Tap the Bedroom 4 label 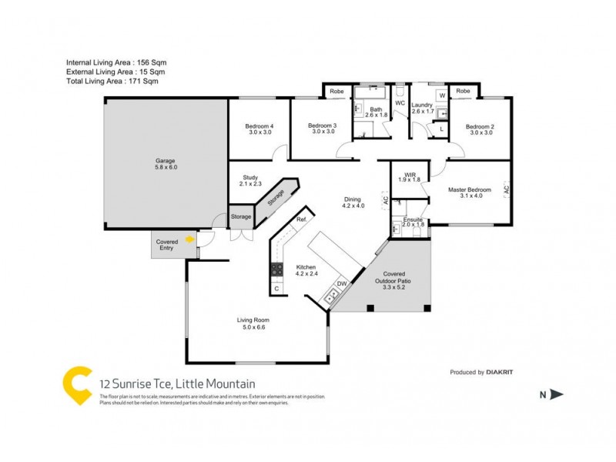(259, 129)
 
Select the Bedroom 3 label (323, 129)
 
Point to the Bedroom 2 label (480, 129)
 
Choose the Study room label (251, 180)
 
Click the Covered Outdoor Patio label (393, 280)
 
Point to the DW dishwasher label (342, 283)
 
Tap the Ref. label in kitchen (302, 220)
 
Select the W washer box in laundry (441, 95)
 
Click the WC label (400, 103)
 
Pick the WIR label (408, 176)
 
